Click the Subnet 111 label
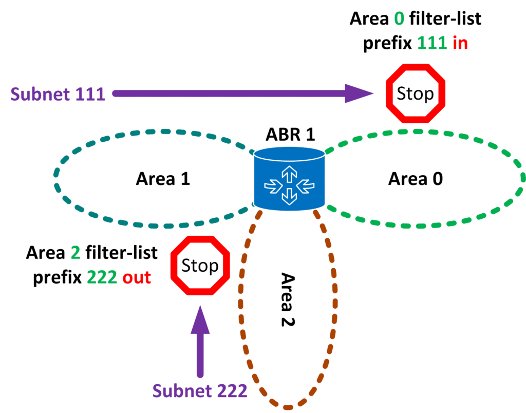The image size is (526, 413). pyautogui.click(x=58, y=95)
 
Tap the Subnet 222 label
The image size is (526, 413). pyautogui.click(x=200, y=391)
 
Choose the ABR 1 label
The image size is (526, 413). pyautogui.click(x=290, y=135)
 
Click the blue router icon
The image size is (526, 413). pyautogui.click(x=289, y=180)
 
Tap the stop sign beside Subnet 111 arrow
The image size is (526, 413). pyautogui.click(x=416, y=94)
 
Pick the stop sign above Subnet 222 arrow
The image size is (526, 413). pyautogui.click(x=200, y=266)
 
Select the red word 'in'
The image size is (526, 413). pyautogui.click(x=460, y=44)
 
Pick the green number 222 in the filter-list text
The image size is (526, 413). pyautogui.click(x=103, y=277)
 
